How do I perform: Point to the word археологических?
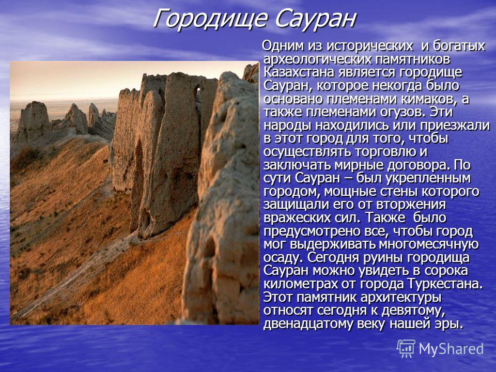pos(318,59)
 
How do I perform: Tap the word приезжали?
pos(455,126)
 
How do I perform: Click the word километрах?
pos(300,284)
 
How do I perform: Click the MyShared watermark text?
pos(451,349)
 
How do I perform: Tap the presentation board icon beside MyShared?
pos(406,349)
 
